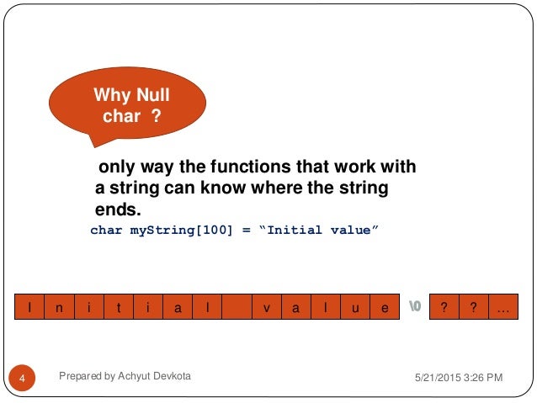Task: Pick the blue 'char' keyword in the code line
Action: point(106,230)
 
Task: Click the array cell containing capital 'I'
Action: point(29,309)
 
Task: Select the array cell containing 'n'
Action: point(59,309)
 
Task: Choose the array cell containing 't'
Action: point(119,309)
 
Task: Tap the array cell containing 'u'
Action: point(355,309)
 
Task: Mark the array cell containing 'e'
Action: point(385,309)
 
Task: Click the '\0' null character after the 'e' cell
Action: point(415,309)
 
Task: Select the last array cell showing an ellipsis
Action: point(503,309)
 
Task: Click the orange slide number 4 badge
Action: point(24,379)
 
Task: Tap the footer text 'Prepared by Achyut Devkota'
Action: point(125,377)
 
